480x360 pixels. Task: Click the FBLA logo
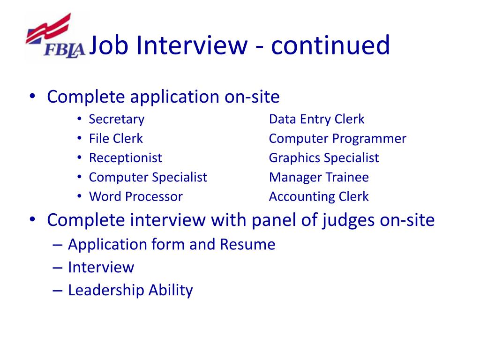(x=55, y=37)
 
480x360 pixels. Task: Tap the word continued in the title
(x=330, y=45)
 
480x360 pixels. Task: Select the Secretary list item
(x=117, y=119)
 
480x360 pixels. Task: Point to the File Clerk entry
(x=116, y=139)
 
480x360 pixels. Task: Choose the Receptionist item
(x=125, y=158)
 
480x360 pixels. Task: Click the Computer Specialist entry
(x=148, y=178)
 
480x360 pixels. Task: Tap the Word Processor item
(x=135, y=197)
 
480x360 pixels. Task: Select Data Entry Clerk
(x=316, y=119)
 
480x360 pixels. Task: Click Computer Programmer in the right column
(x=337, y=139)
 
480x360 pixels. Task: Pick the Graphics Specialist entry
(x=324, y=158)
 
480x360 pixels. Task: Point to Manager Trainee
(x=319, y=178)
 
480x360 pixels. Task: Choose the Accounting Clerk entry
(x=319, y=197)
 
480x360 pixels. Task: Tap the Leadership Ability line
(x=130, y=290)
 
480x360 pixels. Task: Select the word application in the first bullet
(x=174, y=97)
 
